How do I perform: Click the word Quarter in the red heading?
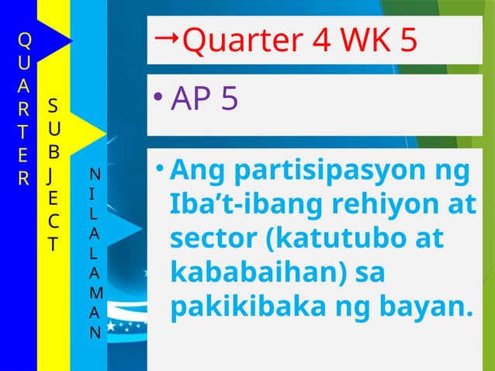231,42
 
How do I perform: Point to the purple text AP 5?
204,99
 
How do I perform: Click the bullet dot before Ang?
157,168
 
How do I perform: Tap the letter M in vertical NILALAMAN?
95,291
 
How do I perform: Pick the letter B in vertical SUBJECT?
53,144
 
